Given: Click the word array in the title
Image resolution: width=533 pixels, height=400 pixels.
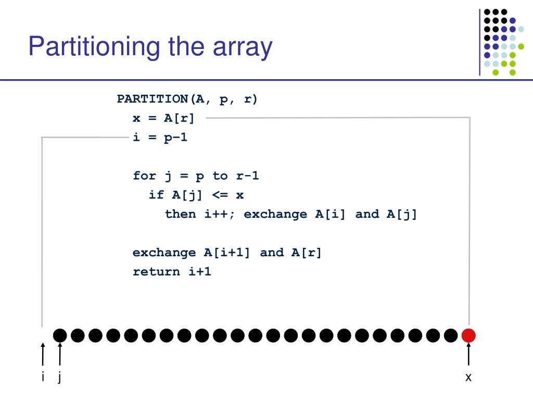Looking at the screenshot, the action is [x=242, y=47].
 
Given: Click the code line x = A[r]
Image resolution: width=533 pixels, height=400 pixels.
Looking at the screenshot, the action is [x=163, y=118].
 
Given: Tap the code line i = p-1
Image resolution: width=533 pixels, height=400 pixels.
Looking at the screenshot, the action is [x=160, y=138].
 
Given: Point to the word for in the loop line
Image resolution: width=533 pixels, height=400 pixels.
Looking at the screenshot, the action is [x=144, y=176].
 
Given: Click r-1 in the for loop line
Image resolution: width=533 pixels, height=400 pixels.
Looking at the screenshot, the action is [x=247, y=176].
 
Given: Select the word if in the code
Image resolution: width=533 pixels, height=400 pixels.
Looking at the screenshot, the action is [x=156, y=195].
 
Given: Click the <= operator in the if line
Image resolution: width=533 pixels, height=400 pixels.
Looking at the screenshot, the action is [x=220, y=195].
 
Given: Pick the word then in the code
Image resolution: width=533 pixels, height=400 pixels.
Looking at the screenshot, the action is [x=180, y=214].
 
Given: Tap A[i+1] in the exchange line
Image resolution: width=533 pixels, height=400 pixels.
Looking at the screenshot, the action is [x=226, y=253].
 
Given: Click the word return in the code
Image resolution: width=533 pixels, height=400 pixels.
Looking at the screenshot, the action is [x=156, y=271].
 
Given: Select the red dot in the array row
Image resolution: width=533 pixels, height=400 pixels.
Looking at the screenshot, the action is [x=468, y=336].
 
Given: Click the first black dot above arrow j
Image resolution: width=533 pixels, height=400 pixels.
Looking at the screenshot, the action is [x=60, y=336].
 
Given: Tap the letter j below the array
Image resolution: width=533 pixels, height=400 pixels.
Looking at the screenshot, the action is [x=60, y=377].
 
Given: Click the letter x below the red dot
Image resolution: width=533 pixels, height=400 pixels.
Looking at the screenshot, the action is [x=468, y=378].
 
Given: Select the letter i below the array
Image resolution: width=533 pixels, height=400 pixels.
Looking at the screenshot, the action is [x=43, y=377].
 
